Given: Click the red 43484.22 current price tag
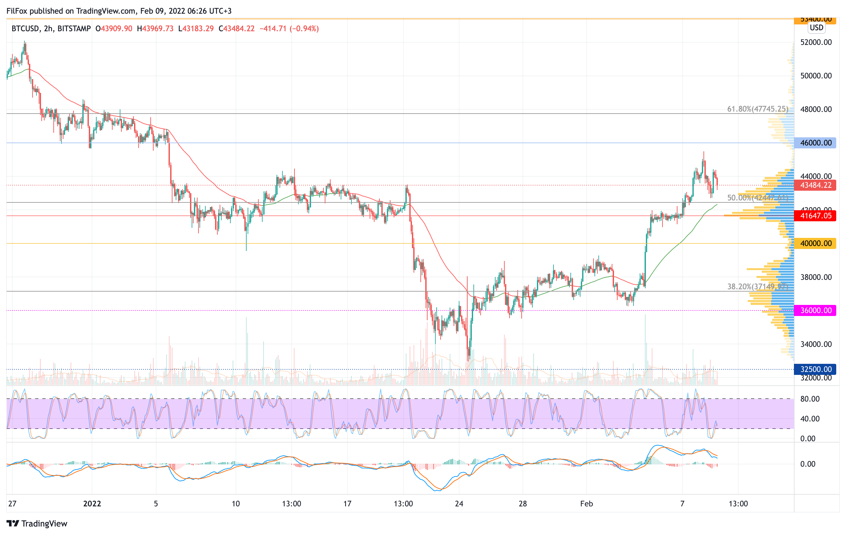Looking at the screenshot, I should pos(815,185).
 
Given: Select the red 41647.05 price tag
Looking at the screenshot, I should pos(815,216).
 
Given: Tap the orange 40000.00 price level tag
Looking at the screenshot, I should pos(815,243).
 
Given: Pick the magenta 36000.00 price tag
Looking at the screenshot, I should pos(815,310).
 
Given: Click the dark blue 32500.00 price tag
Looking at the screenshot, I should pos(815,369).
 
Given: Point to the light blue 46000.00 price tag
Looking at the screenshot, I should pos(815,143).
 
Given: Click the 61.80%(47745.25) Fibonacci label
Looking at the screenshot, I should pos(757,109).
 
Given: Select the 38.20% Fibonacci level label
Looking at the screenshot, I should pos(757,287).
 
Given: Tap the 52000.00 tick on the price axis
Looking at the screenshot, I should pos(816,43).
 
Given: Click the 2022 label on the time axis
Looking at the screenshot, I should pos(92,504).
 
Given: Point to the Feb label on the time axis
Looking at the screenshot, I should pos(586,504).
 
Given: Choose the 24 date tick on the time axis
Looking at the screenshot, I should pos(459,504).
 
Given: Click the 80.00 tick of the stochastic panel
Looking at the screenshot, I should pos(810,399).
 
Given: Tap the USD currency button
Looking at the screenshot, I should pos(816,28).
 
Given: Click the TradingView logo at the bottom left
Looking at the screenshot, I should pos(37,523).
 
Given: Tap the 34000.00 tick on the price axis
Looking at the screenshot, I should pos(816,344).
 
